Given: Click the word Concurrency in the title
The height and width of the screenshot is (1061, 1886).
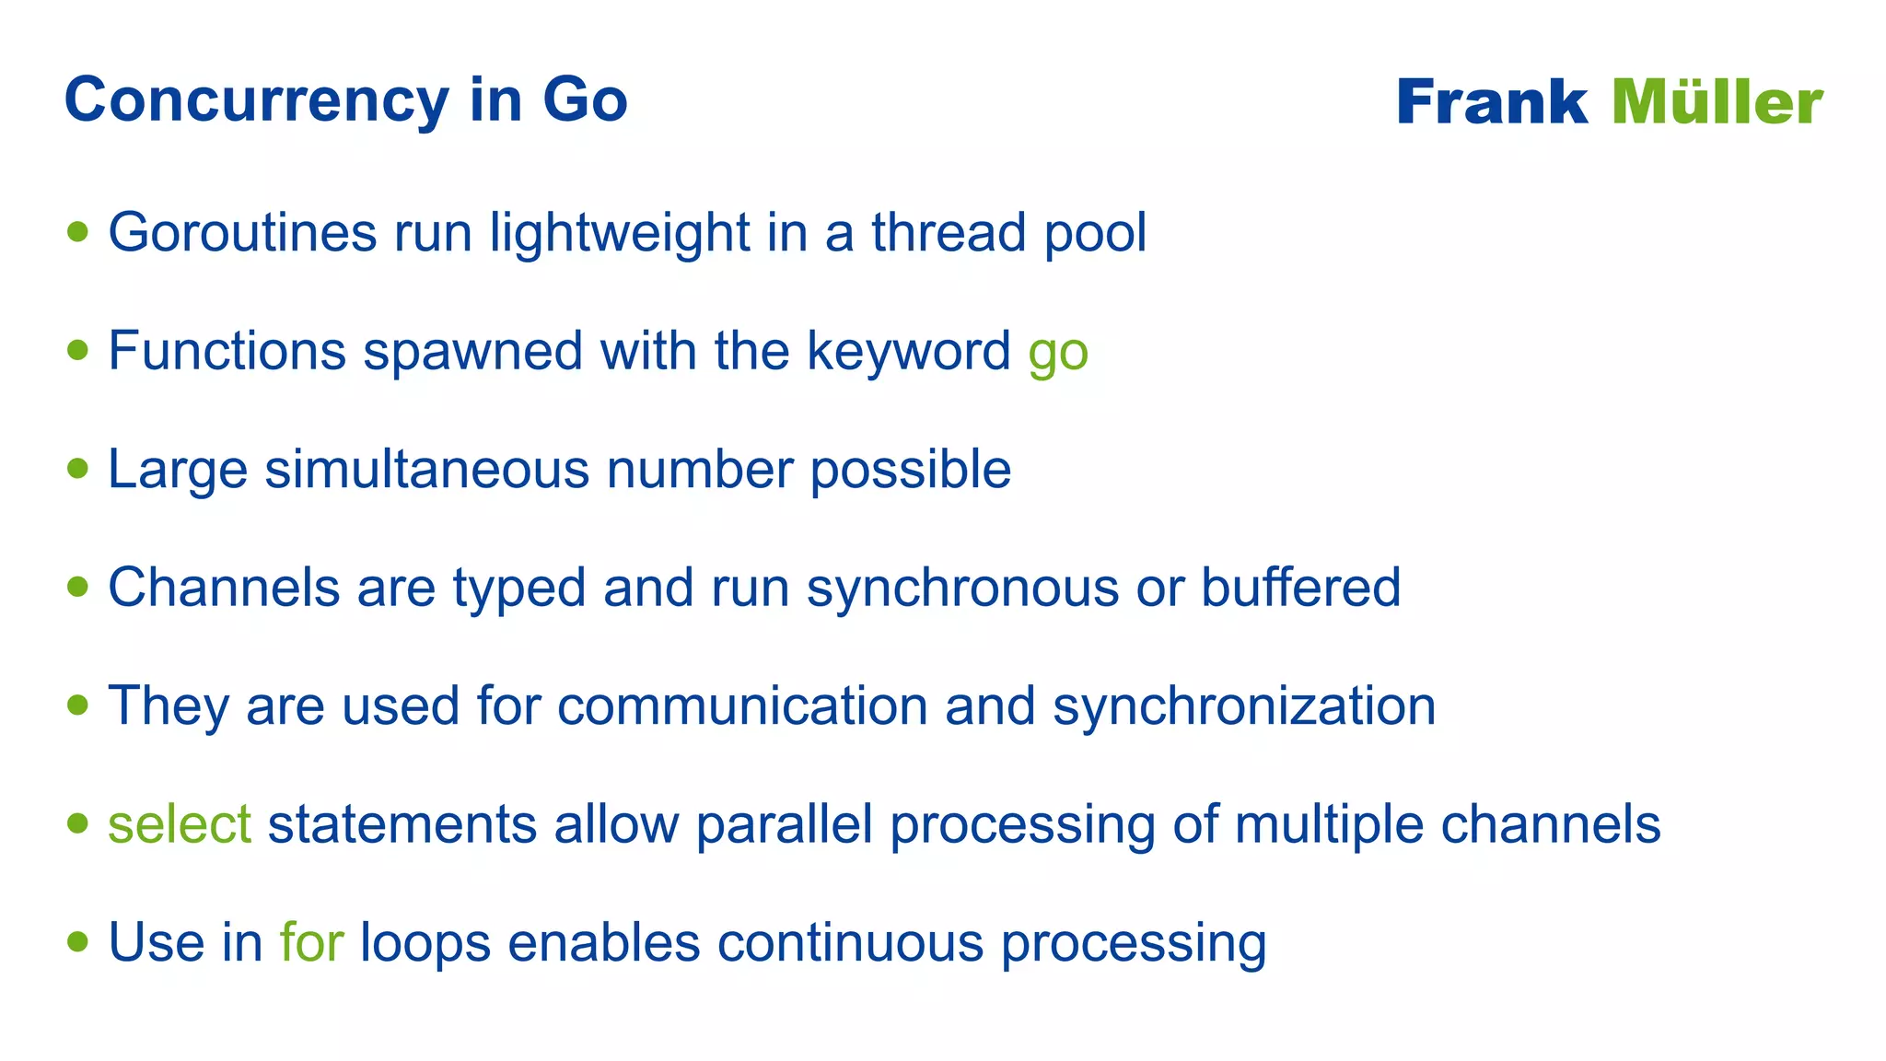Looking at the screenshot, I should tap(256, 100).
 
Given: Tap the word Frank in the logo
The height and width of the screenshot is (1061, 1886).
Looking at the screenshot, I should tap(1492, 102).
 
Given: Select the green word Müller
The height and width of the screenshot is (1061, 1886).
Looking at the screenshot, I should tap(1717, 102).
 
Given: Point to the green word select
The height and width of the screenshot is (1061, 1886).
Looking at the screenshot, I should tap(180, 824).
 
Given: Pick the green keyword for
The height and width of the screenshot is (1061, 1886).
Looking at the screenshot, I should tap(311, 943).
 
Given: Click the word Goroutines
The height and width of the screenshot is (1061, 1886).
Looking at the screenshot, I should tap(242, 233).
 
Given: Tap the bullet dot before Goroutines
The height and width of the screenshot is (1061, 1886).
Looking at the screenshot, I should tap(78, 231).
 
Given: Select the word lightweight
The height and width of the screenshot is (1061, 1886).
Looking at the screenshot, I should tap(619, 233).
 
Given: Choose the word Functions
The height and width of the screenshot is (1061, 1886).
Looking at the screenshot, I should tap(227, 352).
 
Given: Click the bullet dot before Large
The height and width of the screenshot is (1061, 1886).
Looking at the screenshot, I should tap(78, 468).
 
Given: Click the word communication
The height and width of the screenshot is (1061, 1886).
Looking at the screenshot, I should tap(742, 706).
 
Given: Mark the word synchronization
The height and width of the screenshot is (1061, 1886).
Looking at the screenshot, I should tap(1244, 707).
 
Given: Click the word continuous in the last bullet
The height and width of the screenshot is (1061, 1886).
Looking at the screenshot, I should tap(851, 943).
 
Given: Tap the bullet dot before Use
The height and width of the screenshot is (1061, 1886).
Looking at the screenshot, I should tap(78, 941).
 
